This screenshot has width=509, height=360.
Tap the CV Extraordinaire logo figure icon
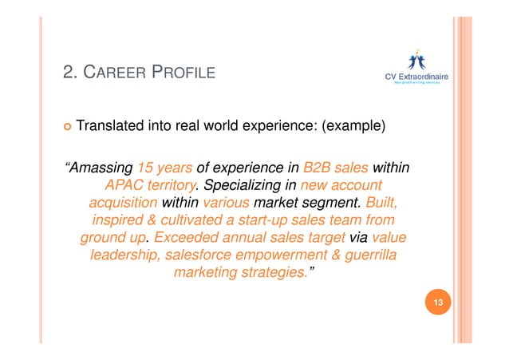[x=416, y=60]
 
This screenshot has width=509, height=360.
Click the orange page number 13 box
[x=437, y=303]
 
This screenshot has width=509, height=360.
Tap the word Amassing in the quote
[x=100, y=168]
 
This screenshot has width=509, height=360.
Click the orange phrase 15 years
[x=164, y=168]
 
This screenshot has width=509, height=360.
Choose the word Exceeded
[x=188, y=237]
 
